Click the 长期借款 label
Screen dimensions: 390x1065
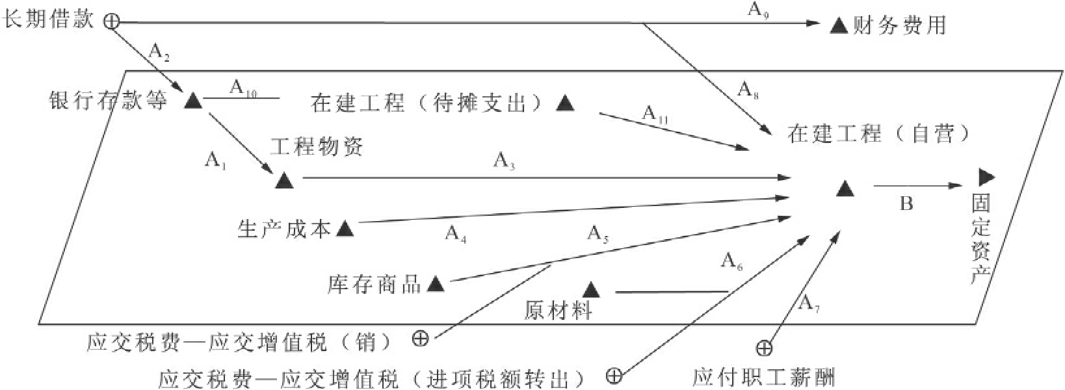click(49, 19)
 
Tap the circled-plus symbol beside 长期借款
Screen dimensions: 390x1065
click(112, 21)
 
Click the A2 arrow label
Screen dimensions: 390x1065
click(160, 51)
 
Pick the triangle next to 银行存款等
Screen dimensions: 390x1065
click(193, 101)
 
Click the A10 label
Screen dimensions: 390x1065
click(243, 88)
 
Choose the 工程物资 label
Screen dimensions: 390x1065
click(316, 146)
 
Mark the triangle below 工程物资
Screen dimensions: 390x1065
click(284, 181)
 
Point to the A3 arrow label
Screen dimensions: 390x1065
click(505, 160)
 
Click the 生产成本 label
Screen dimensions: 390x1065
click(285, 228)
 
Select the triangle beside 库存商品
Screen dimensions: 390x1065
click(435, 284)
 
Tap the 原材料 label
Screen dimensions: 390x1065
click(558, 311)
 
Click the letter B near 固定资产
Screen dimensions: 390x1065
click(906, 204)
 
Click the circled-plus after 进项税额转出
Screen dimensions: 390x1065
click(614, 375)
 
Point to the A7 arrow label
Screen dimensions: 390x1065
click(808, 303)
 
